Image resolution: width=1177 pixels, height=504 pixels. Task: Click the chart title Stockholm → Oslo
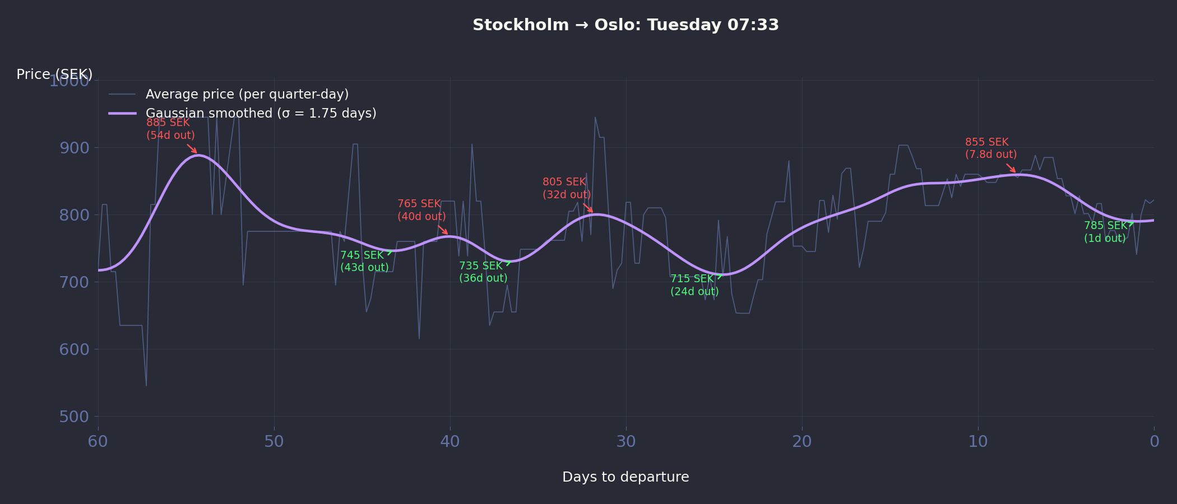point(625,25)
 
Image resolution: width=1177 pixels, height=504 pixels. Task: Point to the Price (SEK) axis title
point(54,74)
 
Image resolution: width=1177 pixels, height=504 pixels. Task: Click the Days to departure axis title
point(625,477)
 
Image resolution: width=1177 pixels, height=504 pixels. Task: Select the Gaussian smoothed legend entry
point(261,114)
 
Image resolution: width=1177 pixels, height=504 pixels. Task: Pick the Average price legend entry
point(247,94)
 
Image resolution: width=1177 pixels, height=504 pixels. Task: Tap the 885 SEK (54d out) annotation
point(170,129)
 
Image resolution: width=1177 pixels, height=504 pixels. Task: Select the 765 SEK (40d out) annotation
point(421,210)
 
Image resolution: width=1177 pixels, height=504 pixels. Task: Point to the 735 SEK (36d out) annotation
point(483,272)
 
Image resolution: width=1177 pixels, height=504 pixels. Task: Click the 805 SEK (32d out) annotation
point(567,188)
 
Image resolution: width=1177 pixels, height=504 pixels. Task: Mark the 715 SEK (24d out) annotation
point(694,285)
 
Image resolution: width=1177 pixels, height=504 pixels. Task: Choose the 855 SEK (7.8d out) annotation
point(990,148)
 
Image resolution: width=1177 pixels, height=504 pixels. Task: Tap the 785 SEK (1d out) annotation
point(1105,232)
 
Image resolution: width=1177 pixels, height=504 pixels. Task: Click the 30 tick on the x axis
point(626,442)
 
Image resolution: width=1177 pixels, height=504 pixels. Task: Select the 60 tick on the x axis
point(98,442)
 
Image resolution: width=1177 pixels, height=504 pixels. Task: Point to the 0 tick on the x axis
point(1154,442)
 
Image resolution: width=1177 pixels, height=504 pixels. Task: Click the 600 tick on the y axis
point(74,349)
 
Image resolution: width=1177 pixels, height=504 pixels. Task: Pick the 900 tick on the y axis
point(74,148)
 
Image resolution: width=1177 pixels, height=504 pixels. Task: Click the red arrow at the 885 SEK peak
point(192,149)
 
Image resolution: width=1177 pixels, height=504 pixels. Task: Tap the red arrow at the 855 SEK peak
point(1011,168)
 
